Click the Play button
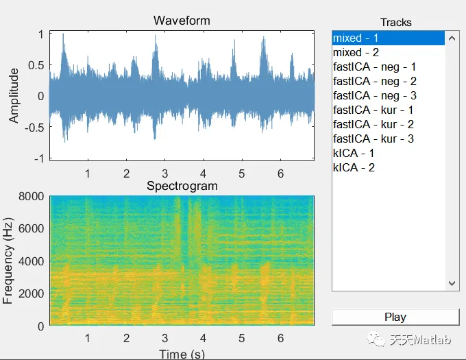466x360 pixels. click(395, 317)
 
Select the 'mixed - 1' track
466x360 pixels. click(356, 38)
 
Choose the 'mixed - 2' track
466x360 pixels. click(356, 52)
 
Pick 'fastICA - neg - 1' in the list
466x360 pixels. click(374, 67)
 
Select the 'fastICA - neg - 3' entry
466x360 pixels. click(374, 95)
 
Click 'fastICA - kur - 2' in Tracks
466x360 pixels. click(373, 124)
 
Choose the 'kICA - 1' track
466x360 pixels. click(353, 153)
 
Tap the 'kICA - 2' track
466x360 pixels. click(353, 167)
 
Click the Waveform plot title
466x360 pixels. click(182, 21)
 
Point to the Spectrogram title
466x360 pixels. click(182, 186)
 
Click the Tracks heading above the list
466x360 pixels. click(396, 22)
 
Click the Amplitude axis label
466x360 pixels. click(14, 96)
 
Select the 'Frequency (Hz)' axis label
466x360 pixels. click(9, 261)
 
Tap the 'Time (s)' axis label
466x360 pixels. click(182, 354)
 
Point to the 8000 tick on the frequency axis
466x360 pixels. click(32, 196)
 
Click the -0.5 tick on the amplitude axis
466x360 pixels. click(33, 127)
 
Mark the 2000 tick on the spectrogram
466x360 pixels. click(32, 293)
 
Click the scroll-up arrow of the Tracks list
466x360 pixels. click(452, 38)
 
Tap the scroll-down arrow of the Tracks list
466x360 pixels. click(452, 283)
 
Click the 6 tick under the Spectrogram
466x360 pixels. click(280, 338)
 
